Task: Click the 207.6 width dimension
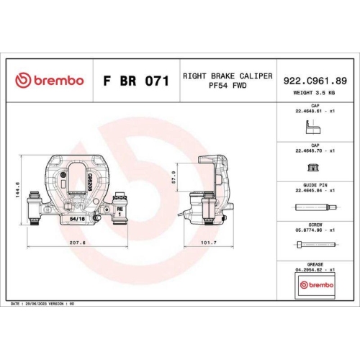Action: coord(78,243)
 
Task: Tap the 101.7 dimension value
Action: coord(208,243)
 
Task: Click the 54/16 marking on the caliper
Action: coord(78,215)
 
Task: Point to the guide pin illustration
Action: coord(315,209)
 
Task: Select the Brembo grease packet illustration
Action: coord(315,286)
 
